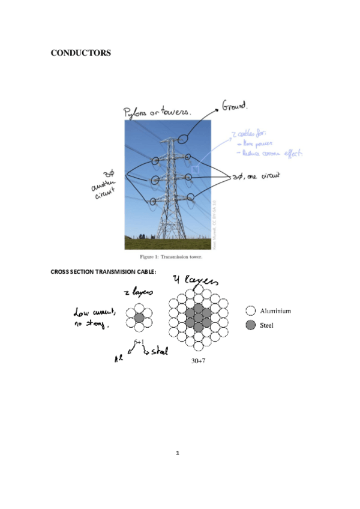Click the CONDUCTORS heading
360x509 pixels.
(x=81, y=53)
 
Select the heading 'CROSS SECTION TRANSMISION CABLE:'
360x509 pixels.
(x=103, y=272)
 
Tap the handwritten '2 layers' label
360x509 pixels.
(x=139, y=292)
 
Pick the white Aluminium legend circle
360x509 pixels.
(x=251, y=311)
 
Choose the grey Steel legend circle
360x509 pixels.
(x=251, y=325)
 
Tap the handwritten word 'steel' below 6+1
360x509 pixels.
(x=157, y=351)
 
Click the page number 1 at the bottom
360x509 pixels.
(x=178, y=452)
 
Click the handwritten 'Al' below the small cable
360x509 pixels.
(x=119, y=358)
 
